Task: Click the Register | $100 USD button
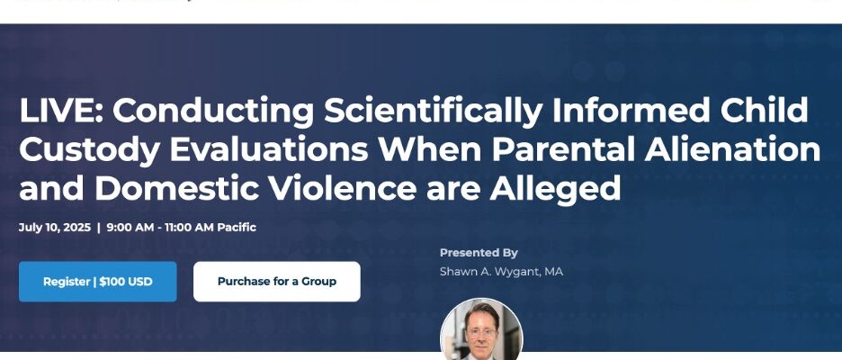(98, 282)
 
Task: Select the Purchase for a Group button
(276, 282)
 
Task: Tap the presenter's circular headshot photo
(481, 328)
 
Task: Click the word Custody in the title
(89, 151)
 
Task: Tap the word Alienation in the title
(732, 150)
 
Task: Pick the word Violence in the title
(342, 189)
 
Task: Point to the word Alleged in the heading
(555, 190)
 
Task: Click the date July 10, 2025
(55, 228)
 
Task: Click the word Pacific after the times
(237, 228)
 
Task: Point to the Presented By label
(479, 253)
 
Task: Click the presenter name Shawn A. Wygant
(489, 272)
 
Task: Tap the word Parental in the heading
(563, 150)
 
